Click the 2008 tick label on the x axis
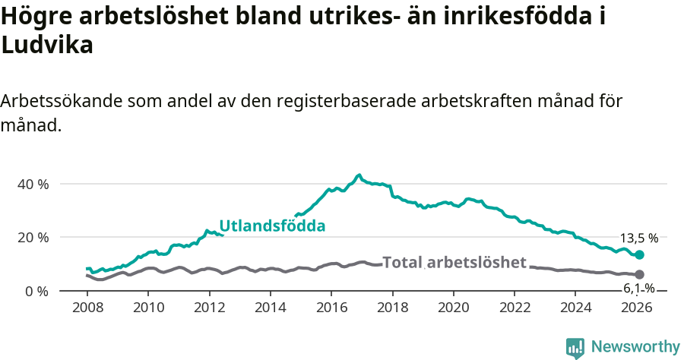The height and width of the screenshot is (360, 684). point(87,308)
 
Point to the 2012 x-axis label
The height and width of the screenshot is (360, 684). point(209,308)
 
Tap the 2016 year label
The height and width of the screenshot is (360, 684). point(331,308)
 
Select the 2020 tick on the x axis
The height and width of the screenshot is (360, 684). point(453,308)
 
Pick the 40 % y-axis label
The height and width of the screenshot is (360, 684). point(33,184)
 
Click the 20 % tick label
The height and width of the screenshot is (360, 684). point(33,238)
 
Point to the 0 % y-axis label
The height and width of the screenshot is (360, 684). point(36,291)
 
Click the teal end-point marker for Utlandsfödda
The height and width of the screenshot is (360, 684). point(639,255)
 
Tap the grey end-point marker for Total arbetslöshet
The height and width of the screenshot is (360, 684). point(639,274)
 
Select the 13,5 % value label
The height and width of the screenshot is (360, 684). point(639,238)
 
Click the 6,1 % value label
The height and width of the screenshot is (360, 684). point(639,288)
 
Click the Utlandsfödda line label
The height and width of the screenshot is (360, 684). point(272,226)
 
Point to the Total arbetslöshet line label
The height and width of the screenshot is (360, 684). point(454,263)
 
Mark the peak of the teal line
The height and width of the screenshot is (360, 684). point(359,175)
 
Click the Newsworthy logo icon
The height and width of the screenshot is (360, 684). point(575,348)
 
